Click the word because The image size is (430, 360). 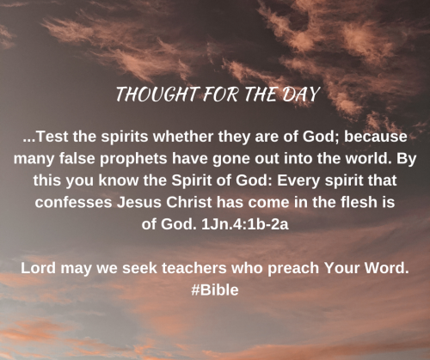376,137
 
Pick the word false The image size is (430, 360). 77,158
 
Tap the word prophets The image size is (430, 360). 133,159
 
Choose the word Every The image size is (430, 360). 298,181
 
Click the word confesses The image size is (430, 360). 73,202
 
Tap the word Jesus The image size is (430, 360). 138,202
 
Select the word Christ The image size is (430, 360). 188,202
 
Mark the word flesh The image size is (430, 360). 359,202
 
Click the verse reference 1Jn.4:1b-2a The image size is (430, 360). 245,224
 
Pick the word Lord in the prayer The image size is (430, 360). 38,268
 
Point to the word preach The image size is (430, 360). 293,269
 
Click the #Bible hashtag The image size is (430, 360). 215,290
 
